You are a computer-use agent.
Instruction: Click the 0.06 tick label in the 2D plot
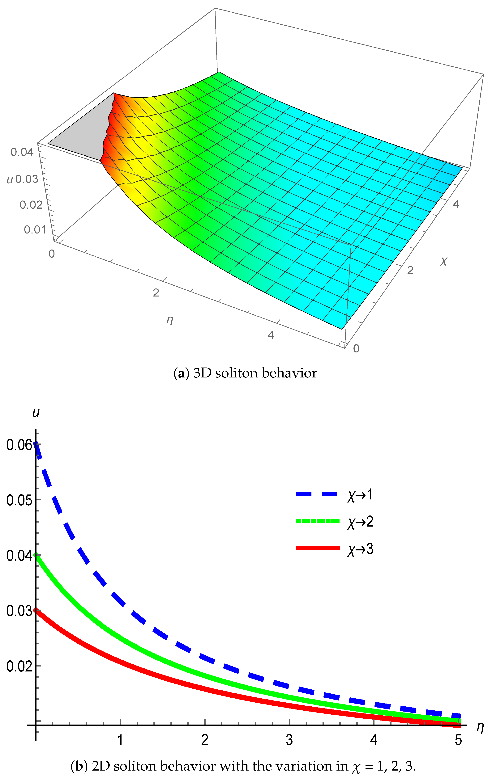19,445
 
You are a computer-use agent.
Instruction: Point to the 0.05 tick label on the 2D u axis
19,500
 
